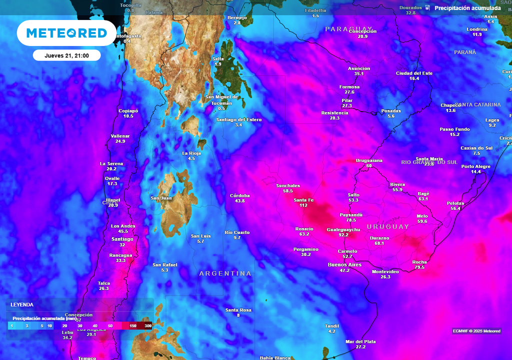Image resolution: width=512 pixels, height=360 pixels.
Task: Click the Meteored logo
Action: [66, 33]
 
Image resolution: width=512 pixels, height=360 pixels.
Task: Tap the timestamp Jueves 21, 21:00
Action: [66, 55]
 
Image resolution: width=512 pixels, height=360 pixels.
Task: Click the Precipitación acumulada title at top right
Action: [467, 8]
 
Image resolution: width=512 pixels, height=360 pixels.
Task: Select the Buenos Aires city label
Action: [344, 264]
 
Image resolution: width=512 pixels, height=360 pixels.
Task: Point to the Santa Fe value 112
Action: [303, 205]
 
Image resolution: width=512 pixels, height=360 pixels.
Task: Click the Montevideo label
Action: [385, 271]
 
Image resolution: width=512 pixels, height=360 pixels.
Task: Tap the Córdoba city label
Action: [239, 195]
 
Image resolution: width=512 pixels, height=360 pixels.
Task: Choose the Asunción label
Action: [359, 68]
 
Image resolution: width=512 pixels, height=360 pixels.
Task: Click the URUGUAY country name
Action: [388, 227]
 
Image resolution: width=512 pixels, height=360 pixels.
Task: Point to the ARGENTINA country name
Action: [225, 273]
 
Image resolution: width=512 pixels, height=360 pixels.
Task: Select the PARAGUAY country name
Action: [348, 29]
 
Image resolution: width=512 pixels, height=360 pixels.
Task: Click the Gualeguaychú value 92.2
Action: [343, 234]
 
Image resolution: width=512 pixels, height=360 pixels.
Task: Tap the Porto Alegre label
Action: [476, 166]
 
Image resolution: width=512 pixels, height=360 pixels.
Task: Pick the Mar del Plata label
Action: [360, 342]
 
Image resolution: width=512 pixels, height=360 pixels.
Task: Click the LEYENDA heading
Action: [22, 304]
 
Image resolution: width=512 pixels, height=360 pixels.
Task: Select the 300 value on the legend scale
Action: [148, 325]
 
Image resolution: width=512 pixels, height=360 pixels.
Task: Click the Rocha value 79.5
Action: [419, 267]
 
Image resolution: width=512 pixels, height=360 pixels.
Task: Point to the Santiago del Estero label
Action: [238, 119]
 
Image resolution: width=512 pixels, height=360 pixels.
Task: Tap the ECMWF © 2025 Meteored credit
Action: [476, 331]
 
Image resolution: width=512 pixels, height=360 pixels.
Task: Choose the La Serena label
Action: [111, 163]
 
